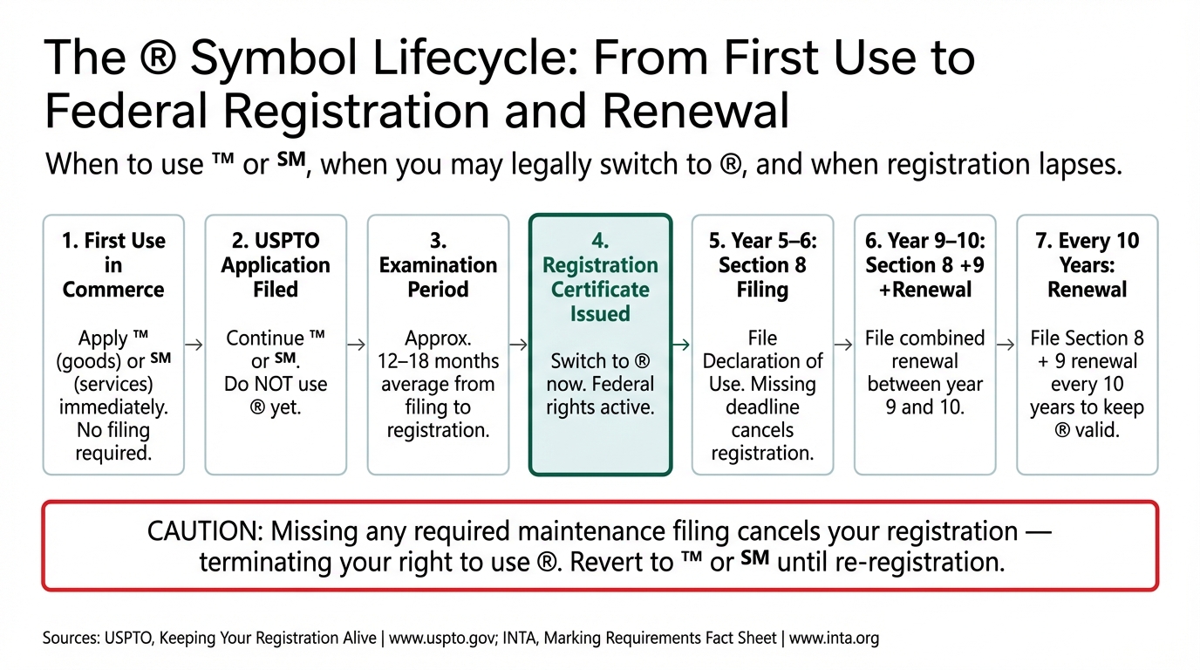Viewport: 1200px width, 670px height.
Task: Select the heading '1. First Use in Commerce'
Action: [x=113, y=265]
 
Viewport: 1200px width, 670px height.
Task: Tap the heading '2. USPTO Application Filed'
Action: [x=276, y=265]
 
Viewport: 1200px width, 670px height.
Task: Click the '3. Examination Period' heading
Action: [x=438, y=265]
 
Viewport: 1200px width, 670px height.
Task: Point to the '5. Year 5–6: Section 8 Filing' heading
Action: [x=762, y=265]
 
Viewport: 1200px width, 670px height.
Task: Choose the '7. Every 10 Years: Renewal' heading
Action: [x=1087, y=265]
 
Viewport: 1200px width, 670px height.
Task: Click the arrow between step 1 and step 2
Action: [x=194, y=345]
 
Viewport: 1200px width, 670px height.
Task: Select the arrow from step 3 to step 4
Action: [x=519, y=345]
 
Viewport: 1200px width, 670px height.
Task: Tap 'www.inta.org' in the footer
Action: [x=834, y=638]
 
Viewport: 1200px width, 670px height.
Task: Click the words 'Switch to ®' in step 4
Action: [x=600, y=361]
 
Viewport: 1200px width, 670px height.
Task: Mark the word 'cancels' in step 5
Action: [x=762, y=430]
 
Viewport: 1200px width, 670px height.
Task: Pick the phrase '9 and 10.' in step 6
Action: [x=924, y=407]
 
